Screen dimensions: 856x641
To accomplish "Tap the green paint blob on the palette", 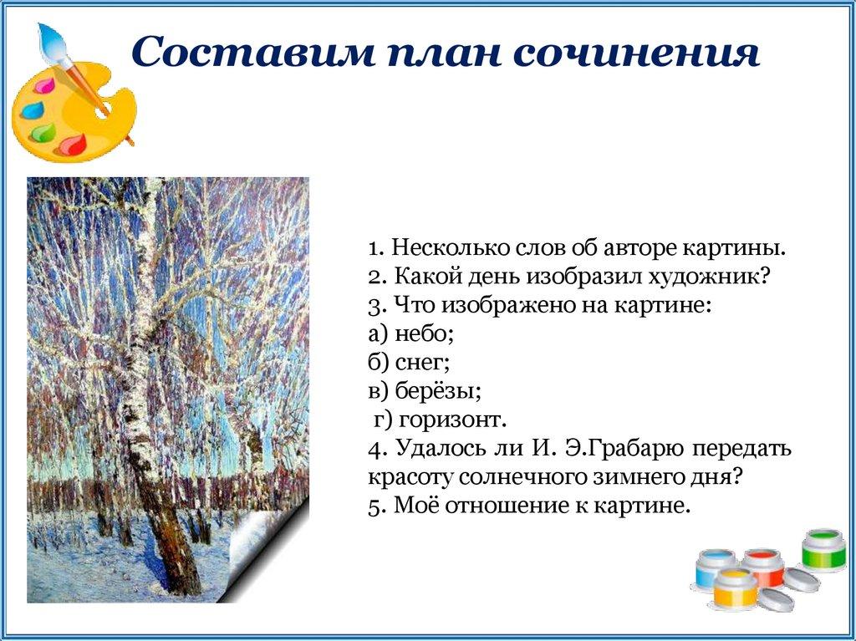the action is (43, 131).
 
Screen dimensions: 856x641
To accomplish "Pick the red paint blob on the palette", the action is (72, 145).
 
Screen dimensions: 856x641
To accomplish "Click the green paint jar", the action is (823, 549).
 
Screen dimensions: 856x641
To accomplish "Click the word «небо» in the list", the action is (424, 333).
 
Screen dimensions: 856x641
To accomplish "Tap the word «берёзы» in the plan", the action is (438, 391).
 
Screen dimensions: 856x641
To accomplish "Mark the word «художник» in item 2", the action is (708, 277).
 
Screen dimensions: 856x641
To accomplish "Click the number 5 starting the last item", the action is (374, 506).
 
